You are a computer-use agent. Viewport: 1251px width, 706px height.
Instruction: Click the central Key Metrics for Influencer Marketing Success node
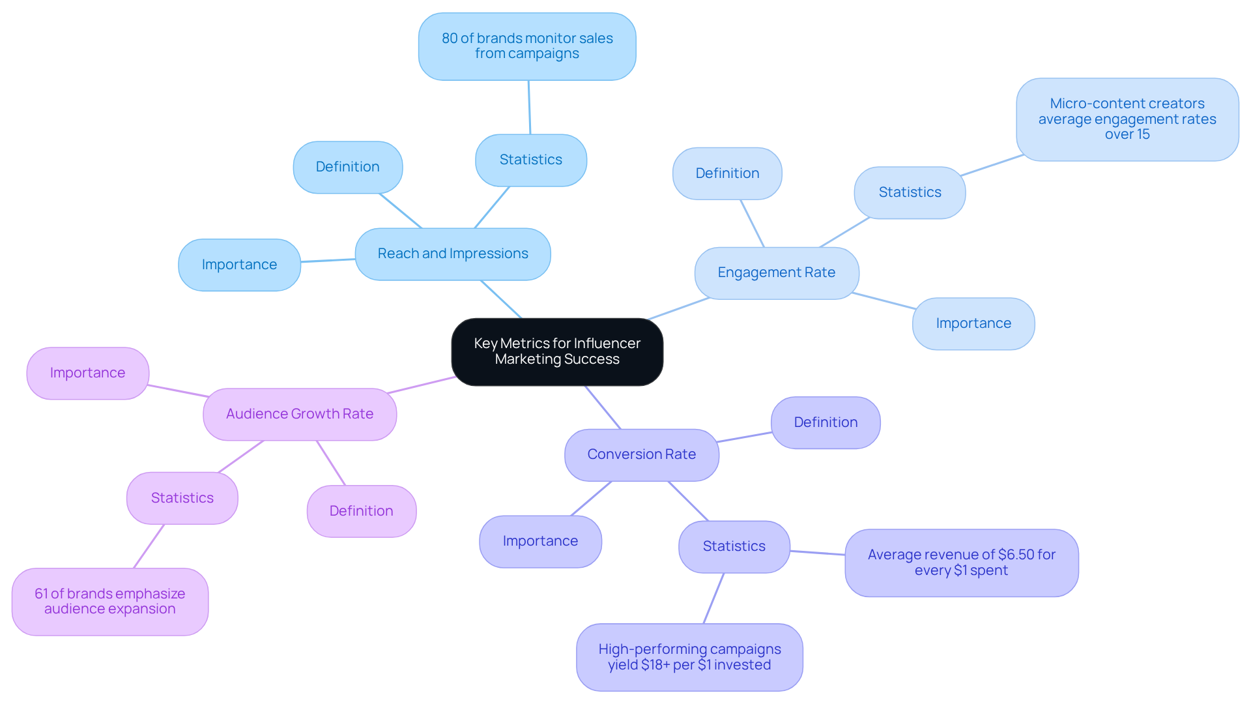pyautogui.click(x=557, y=351)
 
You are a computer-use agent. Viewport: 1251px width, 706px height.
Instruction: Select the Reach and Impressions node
pyautogui.click(x=453, y=254)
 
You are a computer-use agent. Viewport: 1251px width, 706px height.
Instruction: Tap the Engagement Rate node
pyautogui.click(x=776, y=272)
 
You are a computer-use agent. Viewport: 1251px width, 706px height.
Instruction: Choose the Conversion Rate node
pyautogui.click(x=641, y=454)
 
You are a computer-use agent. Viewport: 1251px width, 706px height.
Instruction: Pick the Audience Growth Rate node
pyautogui.click(x=300, y=414)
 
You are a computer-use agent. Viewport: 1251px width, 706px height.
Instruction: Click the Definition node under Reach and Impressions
pyautogui.click(x=347, y=167)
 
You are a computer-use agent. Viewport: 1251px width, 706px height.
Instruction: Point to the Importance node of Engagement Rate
pyautogui.click(x=973, y=323)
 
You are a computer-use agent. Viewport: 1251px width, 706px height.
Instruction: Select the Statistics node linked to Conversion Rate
pyautogui.click(x=734, y=546)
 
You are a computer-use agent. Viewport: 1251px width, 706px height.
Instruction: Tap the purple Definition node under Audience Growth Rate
pyautogui.click(x=361, y=511)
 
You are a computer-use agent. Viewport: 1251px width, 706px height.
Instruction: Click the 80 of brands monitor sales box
pyautogui.click(x=527, y=46)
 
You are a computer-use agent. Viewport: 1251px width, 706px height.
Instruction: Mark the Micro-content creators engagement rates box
pyautogui.click(x=1127, y=119)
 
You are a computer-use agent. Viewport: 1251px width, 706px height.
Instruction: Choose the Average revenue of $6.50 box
pyautogui.click(x=961, y=563)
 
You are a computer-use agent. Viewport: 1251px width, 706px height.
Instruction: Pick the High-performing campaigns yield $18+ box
pyautogui.click(x=689, y=657)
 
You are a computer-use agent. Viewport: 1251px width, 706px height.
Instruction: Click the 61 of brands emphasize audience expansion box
pyautogui.click(x=109, y=601)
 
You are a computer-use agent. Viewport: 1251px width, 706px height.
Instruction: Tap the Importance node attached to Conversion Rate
pyautogui.click(x=540, y=541)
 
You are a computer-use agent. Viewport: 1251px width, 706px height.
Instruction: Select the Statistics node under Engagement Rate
pyautogui.click(x=910, y=192)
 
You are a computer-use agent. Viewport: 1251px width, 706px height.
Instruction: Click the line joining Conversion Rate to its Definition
pyautogui.click(x=744, y=437)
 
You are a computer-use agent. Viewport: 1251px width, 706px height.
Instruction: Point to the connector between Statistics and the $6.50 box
pyautogui.click(x=818, y=553)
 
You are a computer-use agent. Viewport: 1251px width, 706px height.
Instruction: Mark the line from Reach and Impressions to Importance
pyautogui.click(x=328, y=261)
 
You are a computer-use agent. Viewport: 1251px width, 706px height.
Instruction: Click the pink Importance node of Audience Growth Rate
pyautogui.click(x=87, y=373)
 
